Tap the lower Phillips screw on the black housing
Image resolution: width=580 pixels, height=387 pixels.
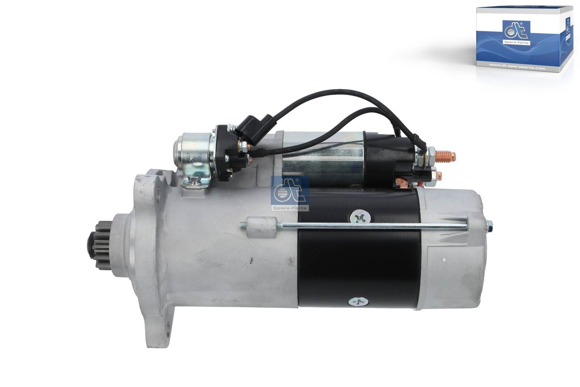(x=355, y=302)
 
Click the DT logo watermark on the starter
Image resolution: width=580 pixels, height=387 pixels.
(x=290, y=193)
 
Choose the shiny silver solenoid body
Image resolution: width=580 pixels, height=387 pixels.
(x=323, y=160)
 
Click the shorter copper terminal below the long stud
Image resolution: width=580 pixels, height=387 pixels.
(x=438, y=174)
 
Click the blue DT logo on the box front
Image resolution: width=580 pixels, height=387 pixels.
(x=516, y=33)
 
